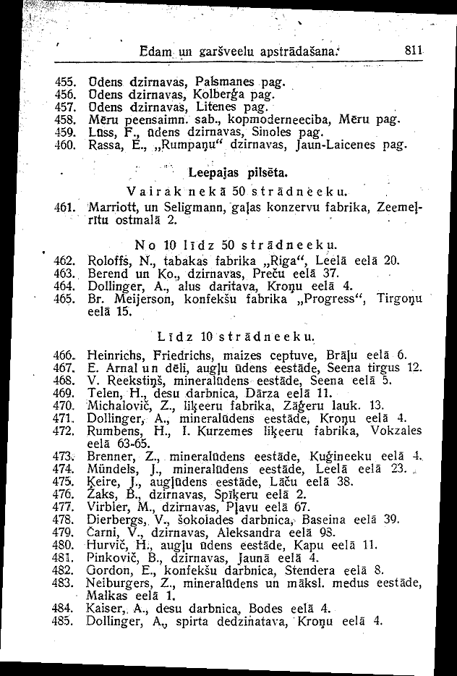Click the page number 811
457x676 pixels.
click(x=413, y=51)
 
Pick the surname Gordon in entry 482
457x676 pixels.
click(x=108, y=567)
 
